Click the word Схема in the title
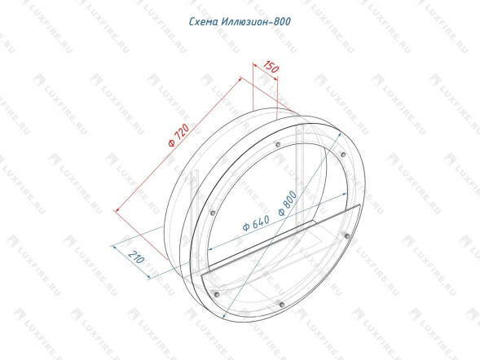(x=203, y=22)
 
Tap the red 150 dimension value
(x=271, y=67)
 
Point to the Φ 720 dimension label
(x=178, y=135)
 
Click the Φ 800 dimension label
(x=288, y=203)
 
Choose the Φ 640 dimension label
(x=256, y=223)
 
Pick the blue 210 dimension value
(x=136, y=257)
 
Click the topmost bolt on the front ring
(x=278, y=144)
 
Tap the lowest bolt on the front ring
(x=282, y=305)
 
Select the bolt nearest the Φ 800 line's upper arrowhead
(x=343, y=155)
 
